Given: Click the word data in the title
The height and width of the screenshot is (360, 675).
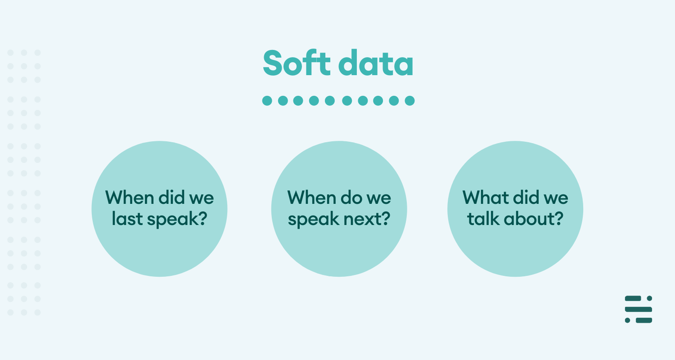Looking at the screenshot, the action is coord(376,63).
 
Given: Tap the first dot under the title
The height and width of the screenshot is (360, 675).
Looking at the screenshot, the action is coord(267,101).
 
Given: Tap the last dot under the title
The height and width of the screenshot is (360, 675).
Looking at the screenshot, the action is coord(409,101).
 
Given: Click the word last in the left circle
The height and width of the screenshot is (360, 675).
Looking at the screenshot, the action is coord(126,218).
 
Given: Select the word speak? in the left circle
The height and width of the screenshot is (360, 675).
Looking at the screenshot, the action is coord(177,219).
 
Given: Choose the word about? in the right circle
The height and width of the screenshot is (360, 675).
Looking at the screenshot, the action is coord(533,218).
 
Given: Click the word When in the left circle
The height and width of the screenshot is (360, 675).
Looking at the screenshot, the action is coord(130,198).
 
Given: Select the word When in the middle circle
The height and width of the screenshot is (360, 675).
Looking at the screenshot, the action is coord(311,198).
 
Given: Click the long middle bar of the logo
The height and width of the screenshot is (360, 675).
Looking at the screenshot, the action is coord(639,310).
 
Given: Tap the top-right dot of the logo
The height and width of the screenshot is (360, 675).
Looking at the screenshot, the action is coord(649,298).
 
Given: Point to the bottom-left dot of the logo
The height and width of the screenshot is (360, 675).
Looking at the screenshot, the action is coord(627,320).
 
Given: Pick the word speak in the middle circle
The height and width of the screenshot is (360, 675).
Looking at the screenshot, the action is coord(313,219).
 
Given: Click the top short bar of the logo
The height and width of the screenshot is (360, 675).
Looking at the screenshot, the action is coord(633,298).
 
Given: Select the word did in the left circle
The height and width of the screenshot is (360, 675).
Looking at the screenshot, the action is coord(172,198).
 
